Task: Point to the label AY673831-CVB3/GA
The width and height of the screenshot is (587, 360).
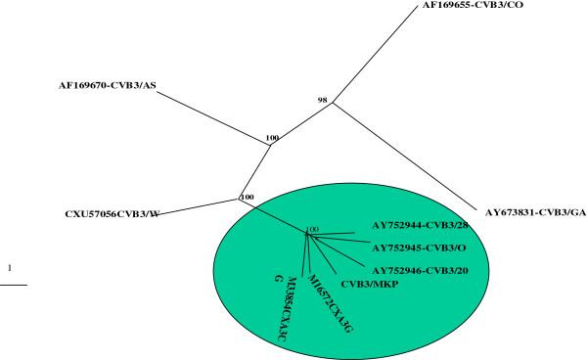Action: (535, 210)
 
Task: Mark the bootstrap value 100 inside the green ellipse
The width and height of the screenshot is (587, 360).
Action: (312, 231)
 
